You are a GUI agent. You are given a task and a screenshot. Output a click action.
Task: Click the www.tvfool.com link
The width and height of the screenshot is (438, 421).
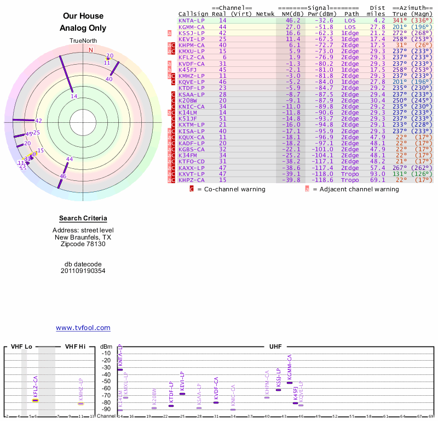click(83, 328)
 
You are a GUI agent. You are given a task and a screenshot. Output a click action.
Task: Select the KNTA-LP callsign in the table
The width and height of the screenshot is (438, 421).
click(192, 20)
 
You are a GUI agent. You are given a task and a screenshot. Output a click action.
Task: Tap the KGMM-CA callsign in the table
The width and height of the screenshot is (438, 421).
click(192, 26)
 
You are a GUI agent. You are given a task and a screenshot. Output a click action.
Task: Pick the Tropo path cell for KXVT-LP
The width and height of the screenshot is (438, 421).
click(351, 174)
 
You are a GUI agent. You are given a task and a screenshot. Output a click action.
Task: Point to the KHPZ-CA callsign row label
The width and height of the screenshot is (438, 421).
click(192, 180)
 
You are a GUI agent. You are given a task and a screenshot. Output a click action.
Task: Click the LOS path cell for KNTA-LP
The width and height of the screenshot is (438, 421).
click(350, 20)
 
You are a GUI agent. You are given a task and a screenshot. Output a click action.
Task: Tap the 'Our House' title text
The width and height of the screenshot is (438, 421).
click(83, 16)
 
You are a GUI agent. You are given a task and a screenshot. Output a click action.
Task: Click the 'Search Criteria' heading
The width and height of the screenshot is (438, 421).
click(83, 218)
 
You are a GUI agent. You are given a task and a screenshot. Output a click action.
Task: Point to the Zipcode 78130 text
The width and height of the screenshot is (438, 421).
click(83, 244)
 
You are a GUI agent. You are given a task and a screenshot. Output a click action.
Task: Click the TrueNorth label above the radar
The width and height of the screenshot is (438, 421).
click(83, 41)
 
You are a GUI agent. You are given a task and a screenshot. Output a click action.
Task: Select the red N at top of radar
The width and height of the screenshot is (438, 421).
click(91, 50)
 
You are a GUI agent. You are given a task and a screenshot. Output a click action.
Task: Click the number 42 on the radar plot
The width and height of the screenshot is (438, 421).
click(38, 121)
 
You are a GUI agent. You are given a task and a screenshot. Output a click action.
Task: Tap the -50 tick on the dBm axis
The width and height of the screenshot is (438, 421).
click(106, 382)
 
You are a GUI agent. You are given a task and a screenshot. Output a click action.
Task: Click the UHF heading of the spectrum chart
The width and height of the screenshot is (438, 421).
click(276, 346)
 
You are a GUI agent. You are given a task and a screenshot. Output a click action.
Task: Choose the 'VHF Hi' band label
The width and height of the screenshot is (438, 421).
click(75, 346)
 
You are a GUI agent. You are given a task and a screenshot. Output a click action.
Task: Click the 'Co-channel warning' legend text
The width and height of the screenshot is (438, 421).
click(231, 189)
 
